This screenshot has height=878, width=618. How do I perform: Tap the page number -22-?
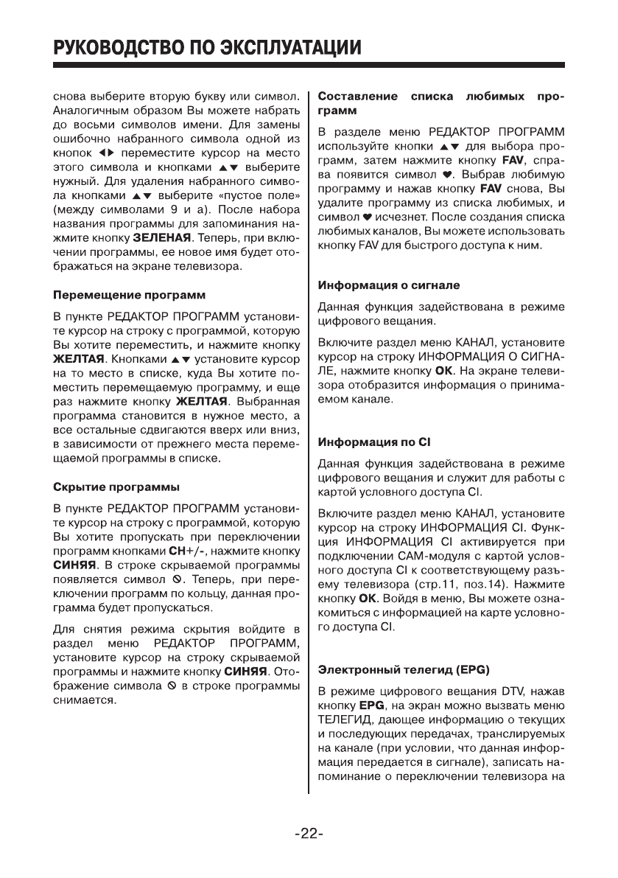pyautogui.click(x=309, y=835)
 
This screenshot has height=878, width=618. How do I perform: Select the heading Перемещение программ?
pyautogui.click(x=128, y=296)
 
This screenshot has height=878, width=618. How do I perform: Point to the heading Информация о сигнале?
pyautogui.click(x=388, y=284)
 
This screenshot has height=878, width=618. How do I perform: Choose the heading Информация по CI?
pyautogui.click(x=373, y=442)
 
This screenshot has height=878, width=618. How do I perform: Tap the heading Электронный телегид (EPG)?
pyautogui.click(x=408, y=670)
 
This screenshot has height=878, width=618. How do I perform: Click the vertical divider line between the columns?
pyautogui.click(x=309, y=442)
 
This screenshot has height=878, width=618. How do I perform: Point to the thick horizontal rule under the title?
pyautogui.click(x=309, y=66)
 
